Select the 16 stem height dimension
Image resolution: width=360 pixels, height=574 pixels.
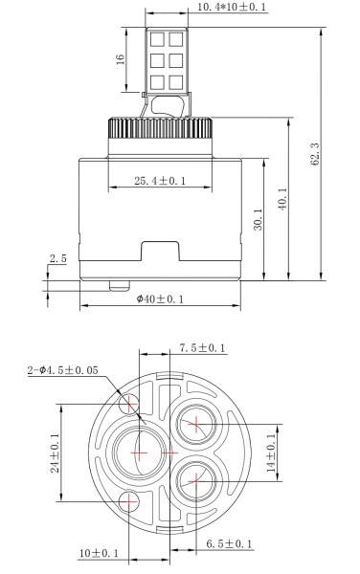(121, 58)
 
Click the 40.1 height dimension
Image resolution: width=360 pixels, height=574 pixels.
(281, 200)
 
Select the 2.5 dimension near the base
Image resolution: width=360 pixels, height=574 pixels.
(56, 259)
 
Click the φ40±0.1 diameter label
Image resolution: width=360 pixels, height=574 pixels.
(160, 298)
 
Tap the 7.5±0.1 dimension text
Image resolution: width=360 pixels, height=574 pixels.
(202, 348)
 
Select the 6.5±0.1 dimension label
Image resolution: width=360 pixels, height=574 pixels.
(229, 544)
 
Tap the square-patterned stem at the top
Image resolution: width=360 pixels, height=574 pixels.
(165, 57)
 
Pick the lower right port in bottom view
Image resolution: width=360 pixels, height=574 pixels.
(194, 480)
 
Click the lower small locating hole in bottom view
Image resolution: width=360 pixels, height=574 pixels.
(128, 501)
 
